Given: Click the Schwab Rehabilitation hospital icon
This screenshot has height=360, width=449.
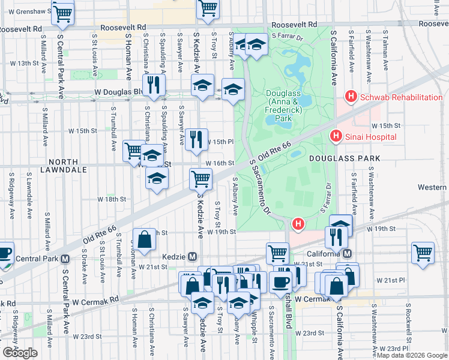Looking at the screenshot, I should coord(350,97).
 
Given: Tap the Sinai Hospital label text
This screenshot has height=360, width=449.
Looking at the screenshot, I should coord(370,137).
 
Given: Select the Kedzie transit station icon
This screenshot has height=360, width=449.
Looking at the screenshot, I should coord(192,256).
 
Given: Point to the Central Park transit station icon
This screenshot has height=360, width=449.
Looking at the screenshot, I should coord(65,259).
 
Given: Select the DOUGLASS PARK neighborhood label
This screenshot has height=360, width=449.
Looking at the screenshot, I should coord(345,158).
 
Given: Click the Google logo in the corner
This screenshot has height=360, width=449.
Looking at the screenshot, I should coord(20,352).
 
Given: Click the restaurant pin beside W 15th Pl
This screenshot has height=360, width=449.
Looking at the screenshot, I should coord(196,139).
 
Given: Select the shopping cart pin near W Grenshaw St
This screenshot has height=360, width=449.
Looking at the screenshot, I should coord(62,13).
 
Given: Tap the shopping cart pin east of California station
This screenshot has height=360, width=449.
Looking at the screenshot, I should coord(423,252).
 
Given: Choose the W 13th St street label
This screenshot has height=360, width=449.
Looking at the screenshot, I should coord(32,63).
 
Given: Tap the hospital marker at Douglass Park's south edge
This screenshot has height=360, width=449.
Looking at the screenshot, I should coord(297,224).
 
